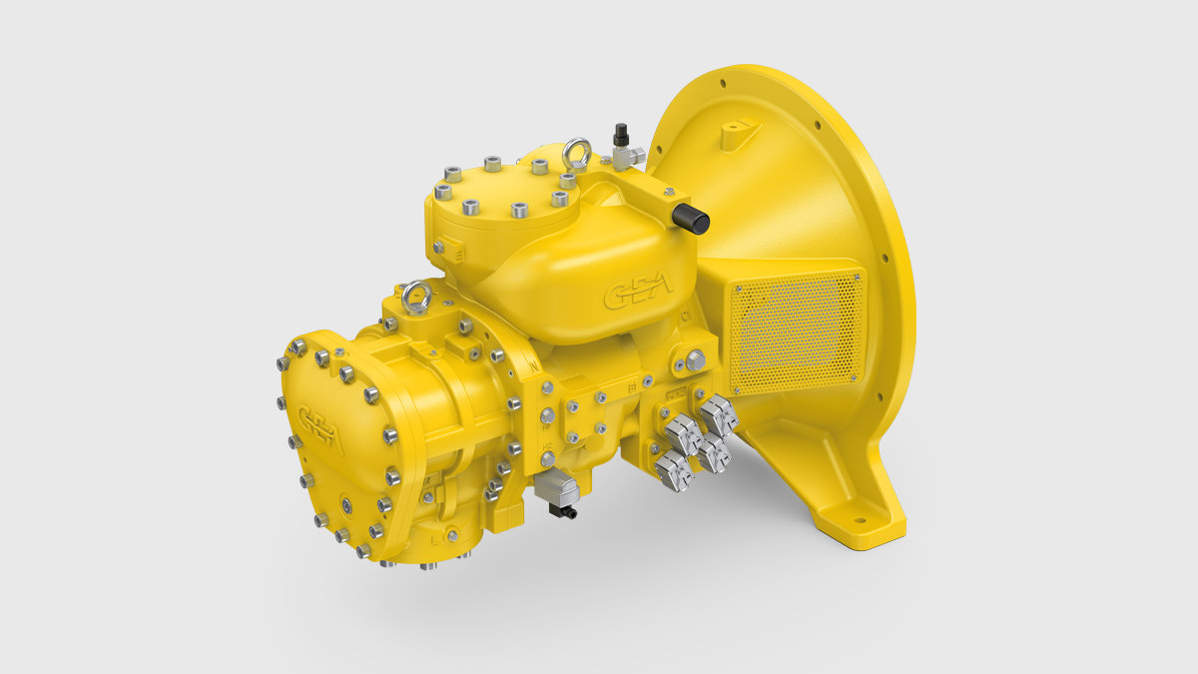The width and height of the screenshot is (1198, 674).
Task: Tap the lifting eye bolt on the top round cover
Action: [576, 154]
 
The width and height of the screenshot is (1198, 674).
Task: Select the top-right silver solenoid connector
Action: [718, 412]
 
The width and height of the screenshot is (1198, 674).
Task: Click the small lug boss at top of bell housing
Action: [739, 127]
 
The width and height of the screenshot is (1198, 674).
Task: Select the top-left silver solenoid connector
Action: [681, 432]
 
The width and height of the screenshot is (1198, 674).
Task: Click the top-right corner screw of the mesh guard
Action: [858, 273]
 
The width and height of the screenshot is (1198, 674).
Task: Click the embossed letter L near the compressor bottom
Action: [432, 539]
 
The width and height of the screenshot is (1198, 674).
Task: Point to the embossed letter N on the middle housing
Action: [536, 366]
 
